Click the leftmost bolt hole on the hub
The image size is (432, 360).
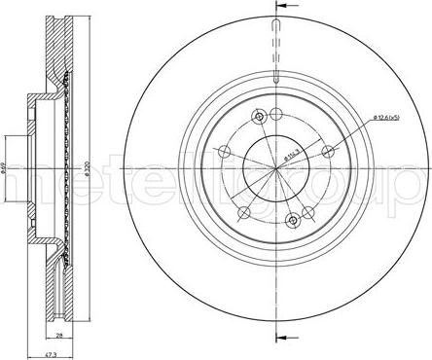[225, 151]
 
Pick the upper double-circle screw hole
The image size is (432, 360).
[259, 118]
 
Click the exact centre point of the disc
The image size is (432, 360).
[277, 167]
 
